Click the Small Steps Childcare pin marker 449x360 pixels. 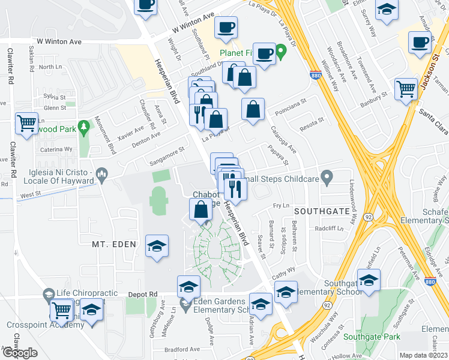click(x=327, y=177)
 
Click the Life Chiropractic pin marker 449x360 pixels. click(x=49, y=295)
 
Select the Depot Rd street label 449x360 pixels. click(x=142, y=295)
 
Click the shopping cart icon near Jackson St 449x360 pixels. click(x=406, y=89)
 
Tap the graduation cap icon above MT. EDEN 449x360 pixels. click(x=157, y=246)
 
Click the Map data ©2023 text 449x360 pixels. click(x=423, y=355)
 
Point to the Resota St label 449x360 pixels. click(x=312, y=121)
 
